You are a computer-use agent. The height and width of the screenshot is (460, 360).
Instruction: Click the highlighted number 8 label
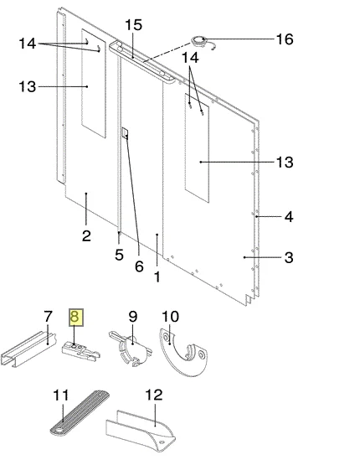coord(76,317)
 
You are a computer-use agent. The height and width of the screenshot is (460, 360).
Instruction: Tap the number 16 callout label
coord(285,39)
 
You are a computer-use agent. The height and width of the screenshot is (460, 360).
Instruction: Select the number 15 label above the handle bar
coord(134,25)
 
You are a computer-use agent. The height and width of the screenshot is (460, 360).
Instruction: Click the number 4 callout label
coord(289,217)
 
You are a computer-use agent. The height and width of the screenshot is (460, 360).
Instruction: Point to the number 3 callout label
coord(289,257)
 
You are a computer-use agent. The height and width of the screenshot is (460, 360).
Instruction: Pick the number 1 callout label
coord(157,277)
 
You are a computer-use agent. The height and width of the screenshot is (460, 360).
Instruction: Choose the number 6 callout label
coord(139,266)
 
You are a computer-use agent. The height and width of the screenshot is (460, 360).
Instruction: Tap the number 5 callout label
coord(119,255)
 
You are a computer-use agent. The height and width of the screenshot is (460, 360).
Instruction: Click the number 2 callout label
coord(86,235)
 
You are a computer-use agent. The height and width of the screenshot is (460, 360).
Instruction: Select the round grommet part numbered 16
coord(199,40)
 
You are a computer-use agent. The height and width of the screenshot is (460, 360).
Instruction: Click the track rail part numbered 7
coord(28,349)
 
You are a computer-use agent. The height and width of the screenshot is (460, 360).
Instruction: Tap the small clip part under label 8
coord(80,351)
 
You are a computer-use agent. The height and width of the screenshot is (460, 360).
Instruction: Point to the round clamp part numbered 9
coord(131,349)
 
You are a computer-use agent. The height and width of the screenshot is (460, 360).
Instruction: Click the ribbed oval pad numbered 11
coord(80,413)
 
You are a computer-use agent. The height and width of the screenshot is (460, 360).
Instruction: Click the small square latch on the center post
coord(125,132)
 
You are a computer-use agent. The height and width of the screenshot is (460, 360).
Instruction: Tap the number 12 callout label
coord(153,395)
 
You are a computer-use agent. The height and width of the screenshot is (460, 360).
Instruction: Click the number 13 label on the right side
coord(285,162)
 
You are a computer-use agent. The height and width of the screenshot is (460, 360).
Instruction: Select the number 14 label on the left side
coord(28,44)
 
